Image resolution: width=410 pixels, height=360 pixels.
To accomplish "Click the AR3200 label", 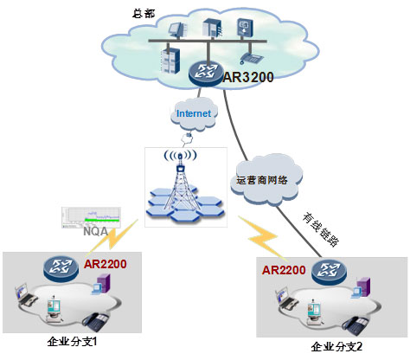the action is [x=248, y=77].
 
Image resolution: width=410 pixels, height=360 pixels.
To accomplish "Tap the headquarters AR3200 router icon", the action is [x=206, y=72].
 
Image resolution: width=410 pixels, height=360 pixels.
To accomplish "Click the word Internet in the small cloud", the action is [x=194, y=113].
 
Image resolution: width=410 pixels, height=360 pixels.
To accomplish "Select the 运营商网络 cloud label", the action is [x=262, y=180].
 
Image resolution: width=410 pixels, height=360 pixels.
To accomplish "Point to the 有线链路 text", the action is [x=321, y=229].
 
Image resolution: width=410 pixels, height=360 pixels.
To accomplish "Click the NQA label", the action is [x=95, y=231].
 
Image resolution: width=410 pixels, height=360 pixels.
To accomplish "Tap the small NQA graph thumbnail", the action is [x=91, y=217].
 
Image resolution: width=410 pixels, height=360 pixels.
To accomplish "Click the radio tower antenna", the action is [x=181, y=181].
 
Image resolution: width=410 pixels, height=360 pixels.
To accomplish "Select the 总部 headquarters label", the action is [x=144, y=13].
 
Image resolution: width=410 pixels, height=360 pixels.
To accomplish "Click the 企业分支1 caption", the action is [x=72, y=342].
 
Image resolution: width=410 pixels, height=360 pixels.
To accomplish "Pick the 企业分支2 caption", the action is [x=336, y=346].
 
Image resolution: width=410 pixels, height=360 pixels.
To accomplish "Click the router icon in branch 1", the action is [x=61, y=268].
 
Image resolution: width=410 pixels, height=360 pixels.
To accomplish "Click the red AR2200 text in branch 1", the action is [x=105, y=264].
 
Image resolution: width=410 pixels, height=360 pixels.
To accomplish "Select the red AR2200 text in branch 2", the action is [x=284, y=270].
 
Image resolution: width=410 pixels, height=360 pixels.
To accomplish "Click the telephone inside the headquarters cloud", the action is [x=251, y=58].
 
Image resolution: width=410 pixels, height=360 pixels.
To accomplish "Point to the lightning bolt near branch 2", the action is [x=262, y=237].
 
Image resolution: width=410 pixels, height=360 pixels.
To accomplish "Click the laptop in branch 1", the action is [x=25, y=295].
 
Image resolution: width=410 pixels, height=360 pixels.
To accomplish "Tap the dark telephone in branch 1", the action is [x=96, y=322].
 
